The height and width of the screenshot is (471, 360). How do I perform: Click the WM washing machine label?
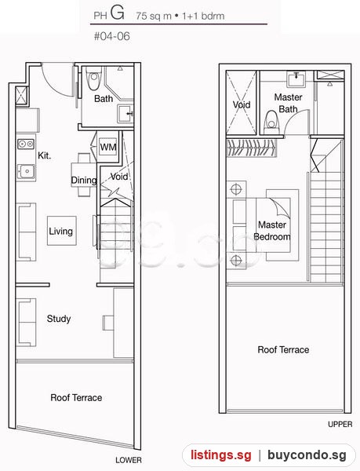pos(108,148)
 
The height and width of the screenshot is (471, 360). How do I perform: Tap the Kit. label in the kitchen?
pos(45,155)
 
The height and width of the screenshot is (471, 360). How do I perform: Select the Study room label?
pos(59,319)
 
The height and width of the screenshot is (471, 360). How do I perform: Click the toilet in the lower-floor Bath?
pos(93,78)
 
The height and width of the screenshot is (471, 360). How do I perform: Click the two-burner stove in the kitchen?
pos(26,144)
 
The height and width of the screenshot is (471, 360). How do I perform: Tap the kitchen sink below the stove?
pos(26,171)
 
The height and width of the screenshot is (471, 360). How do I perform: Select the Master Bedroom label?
pos(272,231)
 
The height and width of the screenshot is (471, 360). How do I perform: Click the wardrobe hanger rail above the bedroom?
pos(252,148)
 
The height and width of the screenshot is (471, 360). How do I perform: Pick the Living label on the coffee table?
pos(61,232)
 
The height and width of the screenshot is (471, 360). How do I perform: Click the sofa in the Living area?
pos(26,232)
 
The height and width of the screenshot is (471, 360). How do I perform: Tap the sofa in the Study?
pos(26,322)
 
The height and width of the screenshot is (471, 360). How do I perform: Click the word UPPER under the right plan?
pos(340,424)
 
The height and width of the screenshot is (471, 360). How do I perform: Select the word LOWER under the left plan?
pos(129,460)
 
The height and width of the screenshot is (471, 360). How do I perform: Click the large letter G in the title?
pos(118,13)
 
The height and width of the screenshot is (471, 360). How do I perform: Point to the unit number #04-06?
pos(112,36)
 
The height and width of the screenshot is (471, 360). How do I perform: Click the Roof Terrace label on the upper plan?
pos(283,349)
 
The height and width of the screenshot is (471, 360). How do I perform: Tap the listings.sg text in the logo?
pos(221,455)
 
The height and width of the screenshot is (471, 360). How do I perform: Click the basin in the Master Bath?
pos(296,79)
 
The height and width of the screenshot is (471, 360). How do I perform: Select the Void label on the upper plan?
pos(242,104)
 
